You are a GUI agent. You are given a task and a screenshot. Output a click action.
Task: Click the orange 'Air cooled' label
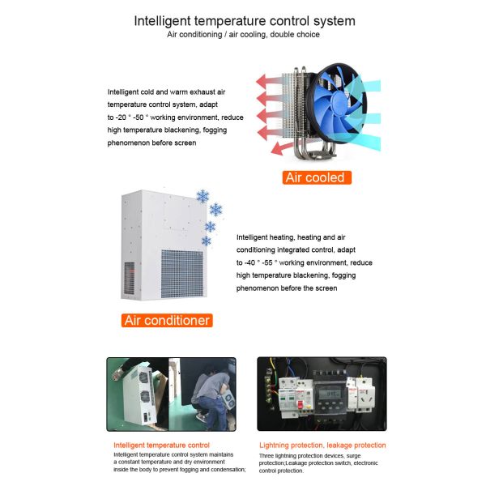(x=314, y=177)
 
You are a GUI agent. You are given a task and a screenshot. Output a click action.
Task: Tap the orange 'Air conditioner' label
(x=167, y=320)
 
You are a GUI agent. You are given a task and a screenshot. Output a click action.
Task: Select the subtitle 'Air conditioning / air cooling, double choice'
(x=243, y=35)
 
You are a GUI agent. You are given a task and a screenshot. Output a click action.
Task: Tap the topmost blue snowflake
(x=202, y=196)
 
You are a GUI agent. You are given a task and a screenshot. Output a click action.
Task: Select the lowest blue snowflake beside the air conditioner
(x=207, y=241)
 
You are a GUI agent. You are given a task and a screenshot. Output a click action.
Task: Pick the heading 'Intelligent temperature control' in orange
(x=161, y=445)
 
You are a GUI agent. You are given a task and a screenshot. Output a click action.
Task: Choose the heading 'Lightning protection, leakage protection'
(x=322, y=445)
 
